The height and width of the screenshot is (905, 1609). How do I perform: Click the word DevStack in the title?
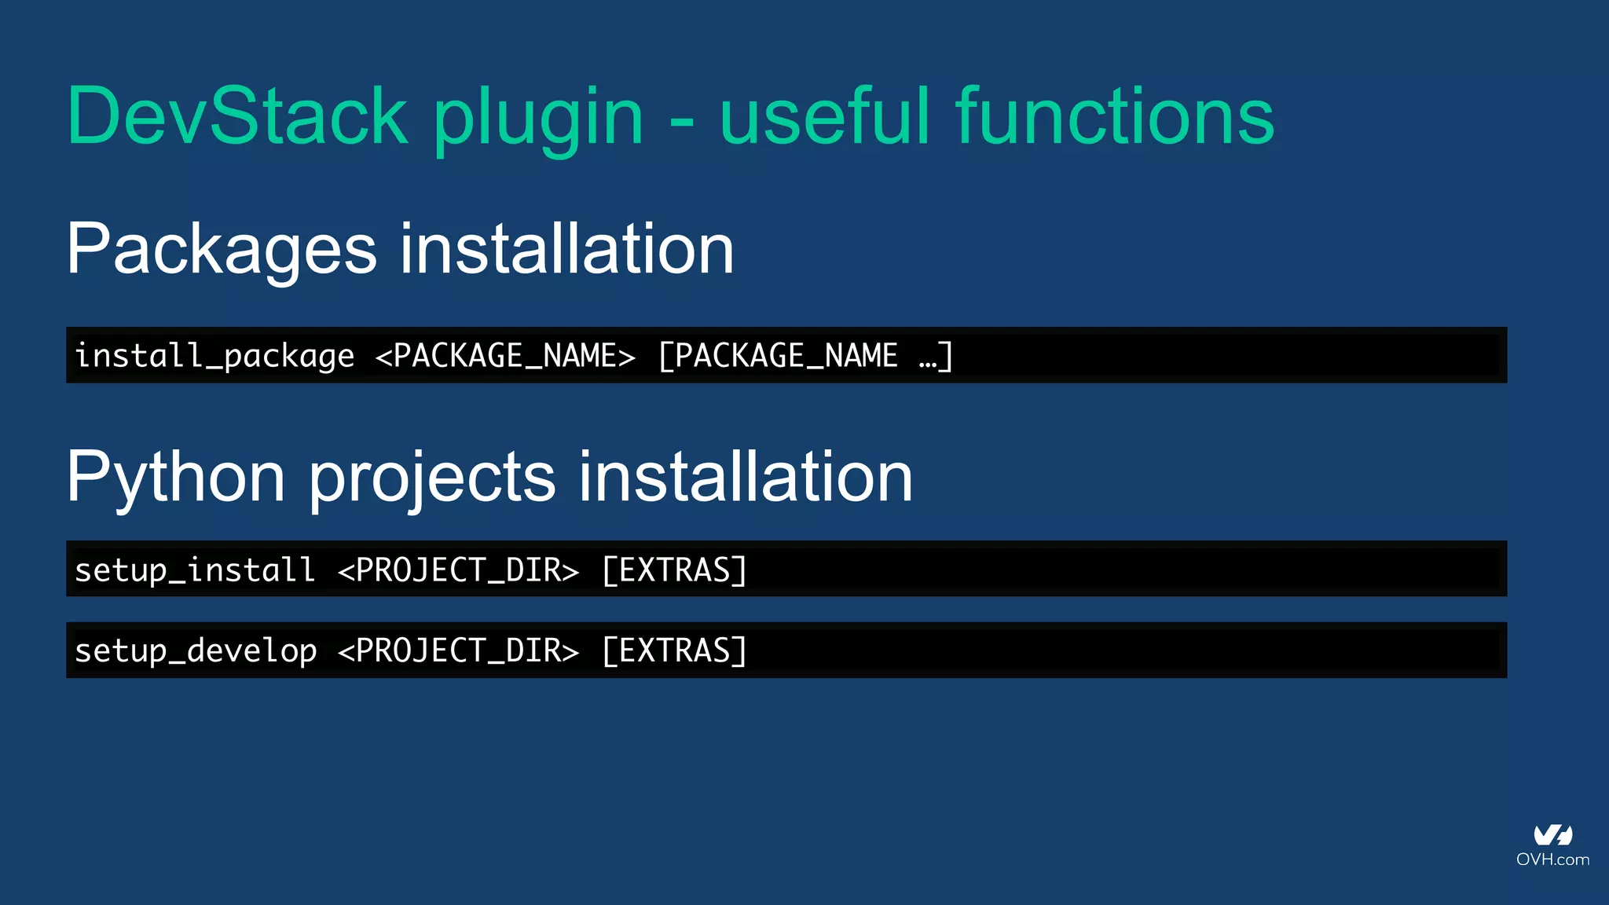[237, 116]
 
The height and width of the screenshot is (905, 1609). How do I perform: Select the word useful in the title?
[825, 116]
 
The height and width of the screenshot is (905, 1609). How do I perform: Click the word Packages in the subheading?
[222, 250]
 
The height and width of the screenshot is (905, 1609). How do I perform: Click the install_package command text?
[214, 356]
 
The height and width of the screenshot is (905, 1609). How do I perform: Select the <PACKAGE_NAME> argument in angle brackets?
[505, 356]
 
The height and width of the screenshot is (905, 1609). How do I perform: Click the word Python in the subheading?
[175, 478]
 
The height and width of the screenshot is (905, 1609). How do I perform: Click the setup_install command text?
[195, 570]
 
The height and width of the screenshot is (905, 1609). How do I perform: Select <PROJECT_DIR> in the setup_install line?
[458, 570]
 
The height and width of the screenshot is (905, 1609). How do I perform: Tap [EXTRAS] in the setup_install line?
[674, 570]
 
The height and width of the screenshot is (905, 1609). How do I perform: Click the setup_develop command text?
[196, 650]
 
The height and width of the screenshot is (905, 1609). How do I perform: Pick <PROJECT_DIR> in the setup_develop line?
[458, 650]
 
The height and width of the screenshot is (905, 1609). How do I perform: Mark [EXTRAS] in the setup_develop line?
[674, 650]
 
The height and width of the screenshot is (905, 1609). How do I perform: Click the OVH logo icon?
[1552, 834]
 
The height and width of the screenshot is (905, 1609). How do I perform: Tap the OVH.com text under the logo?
[1552, 859]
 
